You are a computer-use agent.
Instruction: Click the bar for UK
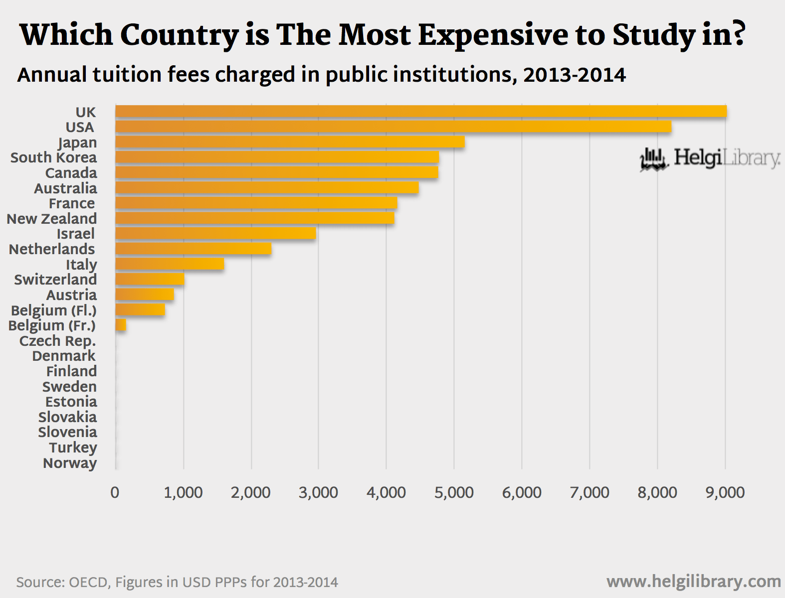click(420, 112)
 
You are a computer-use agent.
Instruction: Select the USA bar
click(393, 127)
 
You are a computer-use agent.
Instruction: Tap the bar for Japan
click(290, 142)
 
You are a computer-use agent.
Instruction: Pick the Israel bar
click(215, 234)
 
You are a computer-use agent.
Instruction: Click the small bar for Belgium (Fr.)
click(121, 325)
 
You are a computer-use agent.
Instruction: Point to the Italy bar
click(170, 264)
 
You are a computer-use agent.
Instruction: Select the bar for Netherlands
click(193, 249)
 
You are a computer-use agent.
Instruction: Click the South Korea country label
click(53, 157)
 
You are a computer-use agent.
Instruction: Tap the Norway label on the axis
click(70, 463)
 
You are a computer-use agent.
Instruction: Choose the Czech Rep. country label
click(57, 341)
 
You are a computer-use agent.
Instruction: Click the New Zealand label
click(51, 219)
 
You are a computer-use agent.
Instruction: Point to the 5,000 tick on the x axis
click(454, 492)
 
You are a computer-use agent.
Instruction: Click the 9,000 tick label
click(725, 492)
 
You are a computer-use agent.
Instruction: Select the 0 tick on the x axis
click(115, 492)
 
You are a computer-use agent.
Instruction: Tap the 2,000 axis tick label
click(250, 492)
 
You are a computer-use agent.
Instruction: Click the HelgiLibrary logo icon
click(653, 159)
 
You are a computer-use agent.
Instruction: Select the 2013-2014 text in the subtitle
click(575, 75)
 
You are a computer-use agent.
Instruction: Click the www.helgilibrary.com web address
click(693, 582)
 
